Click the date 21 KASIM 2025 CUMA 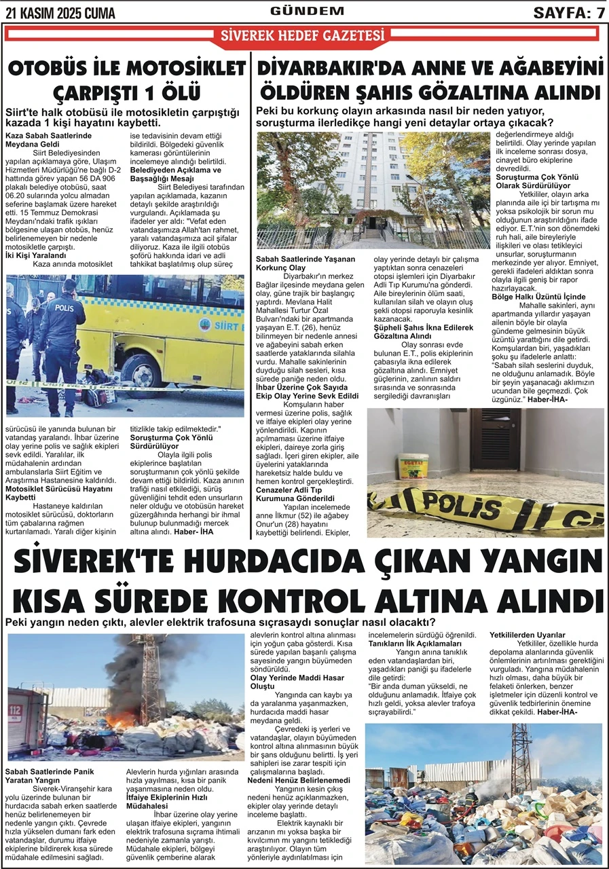click(x=60, y=13)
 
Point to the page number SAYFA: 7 click(x=569, y=13)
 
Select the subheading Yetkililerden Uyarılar click(x=528, y=635)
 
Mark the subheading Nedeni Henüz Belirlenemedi click(x=299, y=781)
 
